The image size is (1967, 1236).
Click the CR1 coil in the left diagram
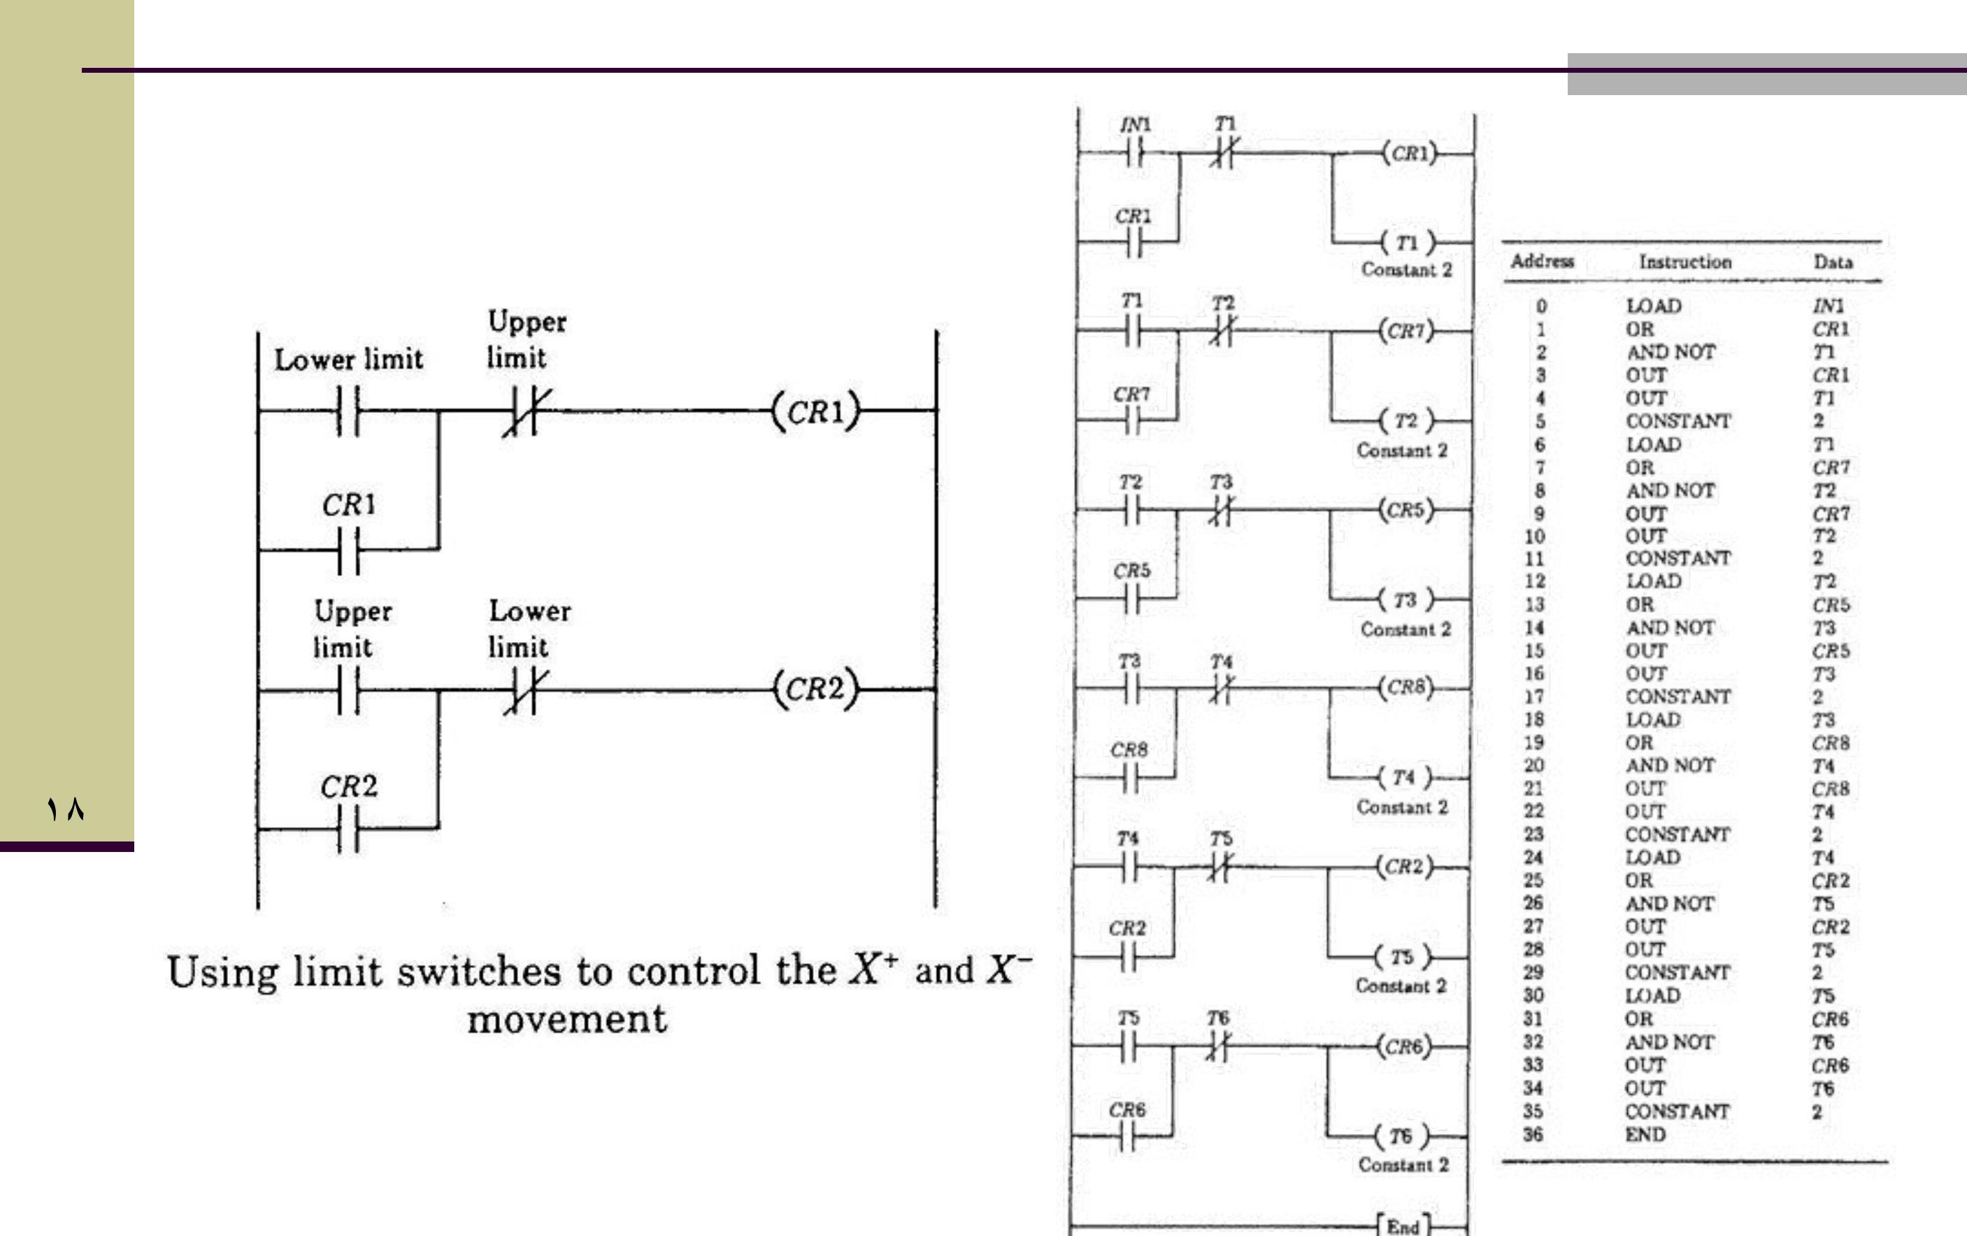point(815,410)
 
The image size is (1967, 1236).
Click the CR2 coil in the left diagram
point(815,689)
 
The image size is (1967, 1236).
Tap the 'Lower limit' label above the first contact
point(349,360)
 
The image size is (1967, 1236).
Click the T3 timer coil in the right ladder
point(1405,600)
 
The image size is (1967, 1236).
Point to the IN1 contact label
point(1135,125)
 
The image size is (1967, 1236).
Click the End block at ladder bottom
point(1403,1226)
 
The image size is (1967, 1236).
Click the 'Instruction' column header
point(1685,262)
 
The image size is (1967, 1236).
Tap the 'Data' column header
point(1833,262)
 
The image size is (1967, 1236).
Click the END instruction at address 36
point(1645,1135)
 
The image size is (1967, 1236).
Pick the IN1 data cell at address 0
point(1828,306)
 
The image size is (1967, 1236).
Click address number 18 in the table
point(1533,720)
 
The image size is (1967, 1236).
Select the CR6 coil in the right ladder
point(1404,1046)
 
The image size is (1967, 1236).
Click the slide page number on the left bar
point(65,809)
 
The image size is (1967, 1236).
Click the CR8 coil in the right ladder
point(1405,687)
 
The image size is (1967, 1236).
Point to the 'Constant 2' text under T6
point(1403,1165)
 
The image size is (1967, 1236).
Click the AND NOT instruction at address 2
point(1670,352)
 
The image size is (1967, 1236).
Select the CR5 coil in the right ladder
point(1405,510)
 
